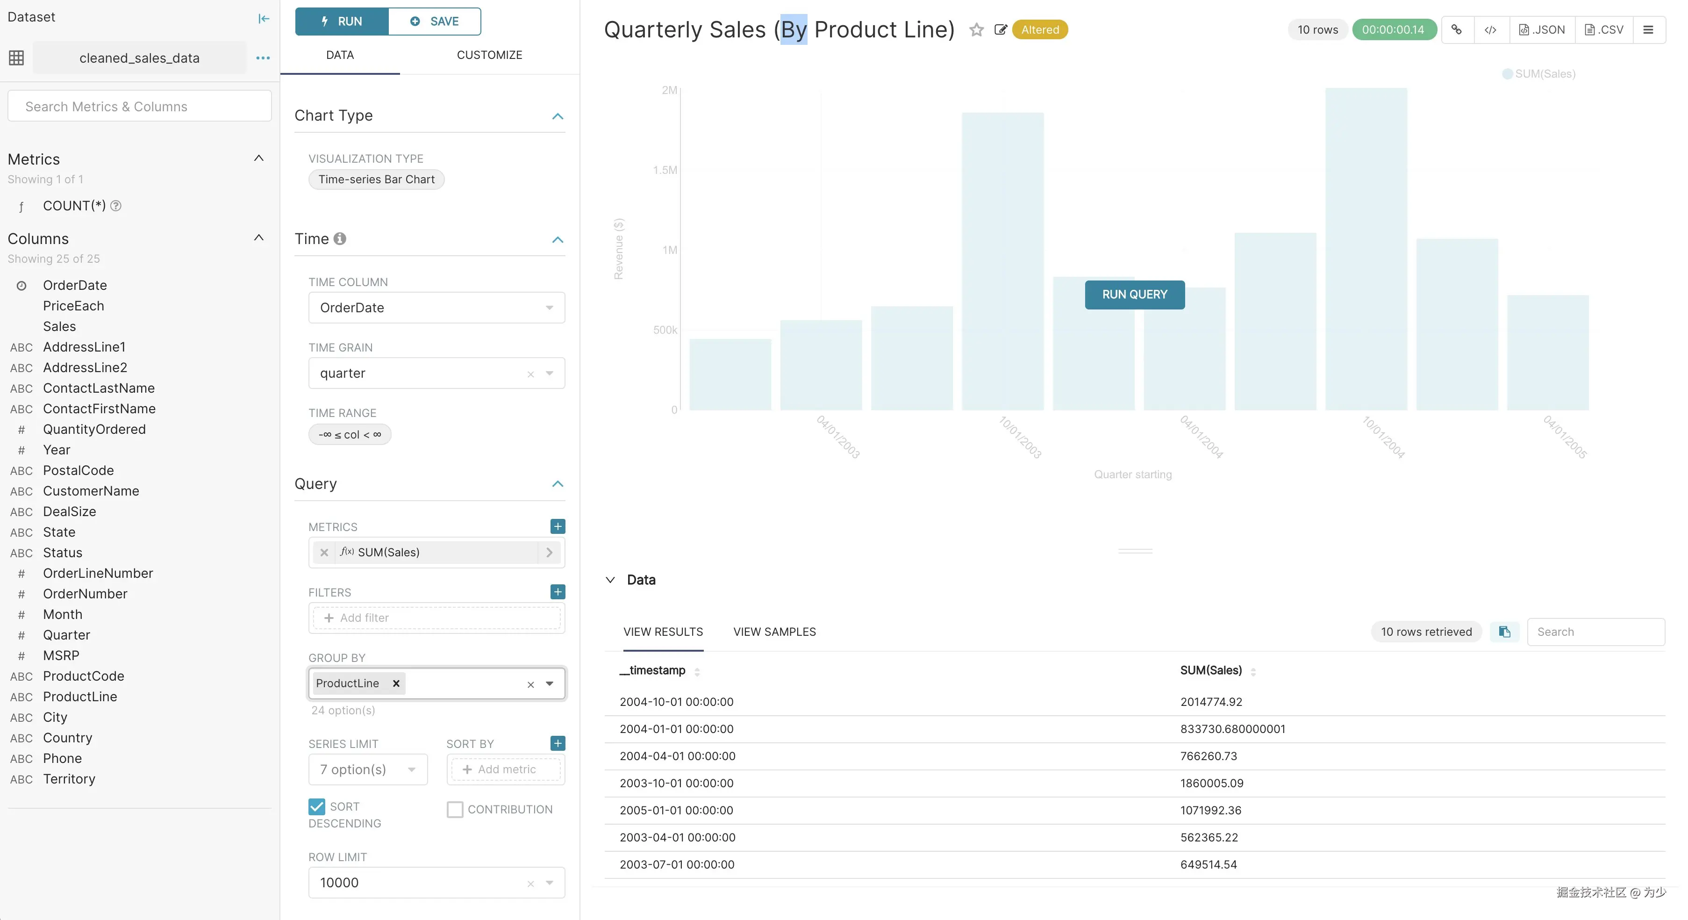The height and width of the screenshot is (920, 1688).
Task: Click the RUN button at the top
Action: tap(342, 22)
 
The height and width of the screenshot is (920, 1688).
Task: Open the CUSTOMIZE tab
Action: tap(489, 55)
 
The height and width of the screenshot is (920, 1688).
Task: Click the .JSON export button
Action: tap(1542, 30)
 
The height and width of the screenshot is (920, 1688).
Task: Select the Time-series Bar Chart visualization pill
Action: tap(376, 180)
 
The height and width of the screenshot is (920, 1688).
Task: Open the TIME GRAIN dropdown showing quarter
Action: tap(436, 374)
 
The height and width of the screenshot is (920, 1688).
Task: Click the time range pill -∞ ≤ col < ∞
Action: tap(349, 434)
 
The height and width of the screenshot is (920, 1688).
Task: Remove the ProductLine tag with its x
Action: tap(396, 683)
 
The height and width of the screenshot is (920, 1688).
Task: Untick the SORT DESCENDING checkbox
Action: tap(316, 807)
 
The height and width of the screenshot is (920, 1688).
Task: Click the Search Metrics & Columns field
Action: tap(139, 106)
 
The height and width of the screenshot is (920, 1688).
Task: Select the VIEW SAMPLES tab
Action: tap(774, 632)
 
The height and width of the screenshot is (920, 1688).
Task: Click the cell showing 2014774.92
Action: tap(1211, 702)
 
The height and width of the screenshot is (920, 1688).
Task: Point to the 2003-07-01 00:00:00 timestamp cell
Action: tap(676, 865)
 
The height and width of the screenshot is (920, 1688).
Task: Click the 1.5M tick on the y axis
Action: tap(665, 170)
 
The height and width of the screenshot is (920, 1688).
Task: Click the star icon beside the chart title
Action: tap(976, 30)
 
